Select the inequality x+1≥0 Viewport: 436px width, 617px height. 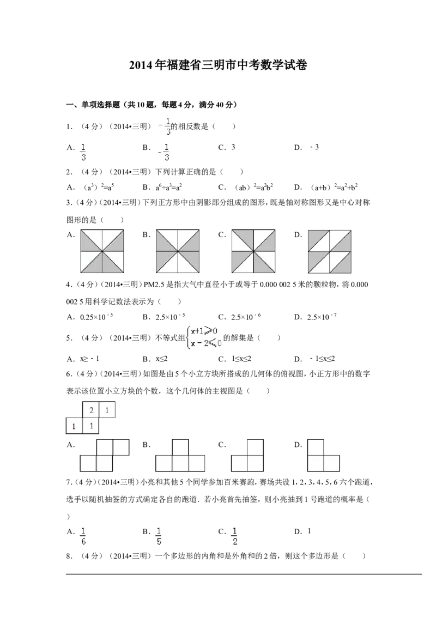point(204,331)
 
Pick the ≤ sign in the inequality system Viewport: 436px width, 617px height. point(211,343)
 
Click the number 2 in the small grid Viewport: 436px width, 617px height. point(91,410)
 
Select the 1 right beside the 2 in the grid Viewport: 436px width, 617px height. point(107,410)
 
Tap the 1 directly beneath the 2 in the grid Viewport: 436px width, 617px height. point(91,426)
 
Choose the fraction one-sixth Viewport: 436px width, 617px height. point(83,536)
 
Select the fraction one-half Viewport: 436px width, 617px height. point(235,536)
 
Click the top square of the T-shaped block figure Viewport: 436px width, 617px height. point(180,446)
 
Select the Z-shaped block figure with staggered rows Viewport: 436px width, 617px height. point(105,455)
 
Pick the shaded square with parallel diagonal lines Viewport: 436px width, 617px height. point(329,251)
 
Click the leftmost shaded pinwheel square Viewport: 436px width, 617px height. point(102,251)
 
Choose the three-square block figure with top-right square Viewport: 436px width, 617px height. point(247,455)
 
